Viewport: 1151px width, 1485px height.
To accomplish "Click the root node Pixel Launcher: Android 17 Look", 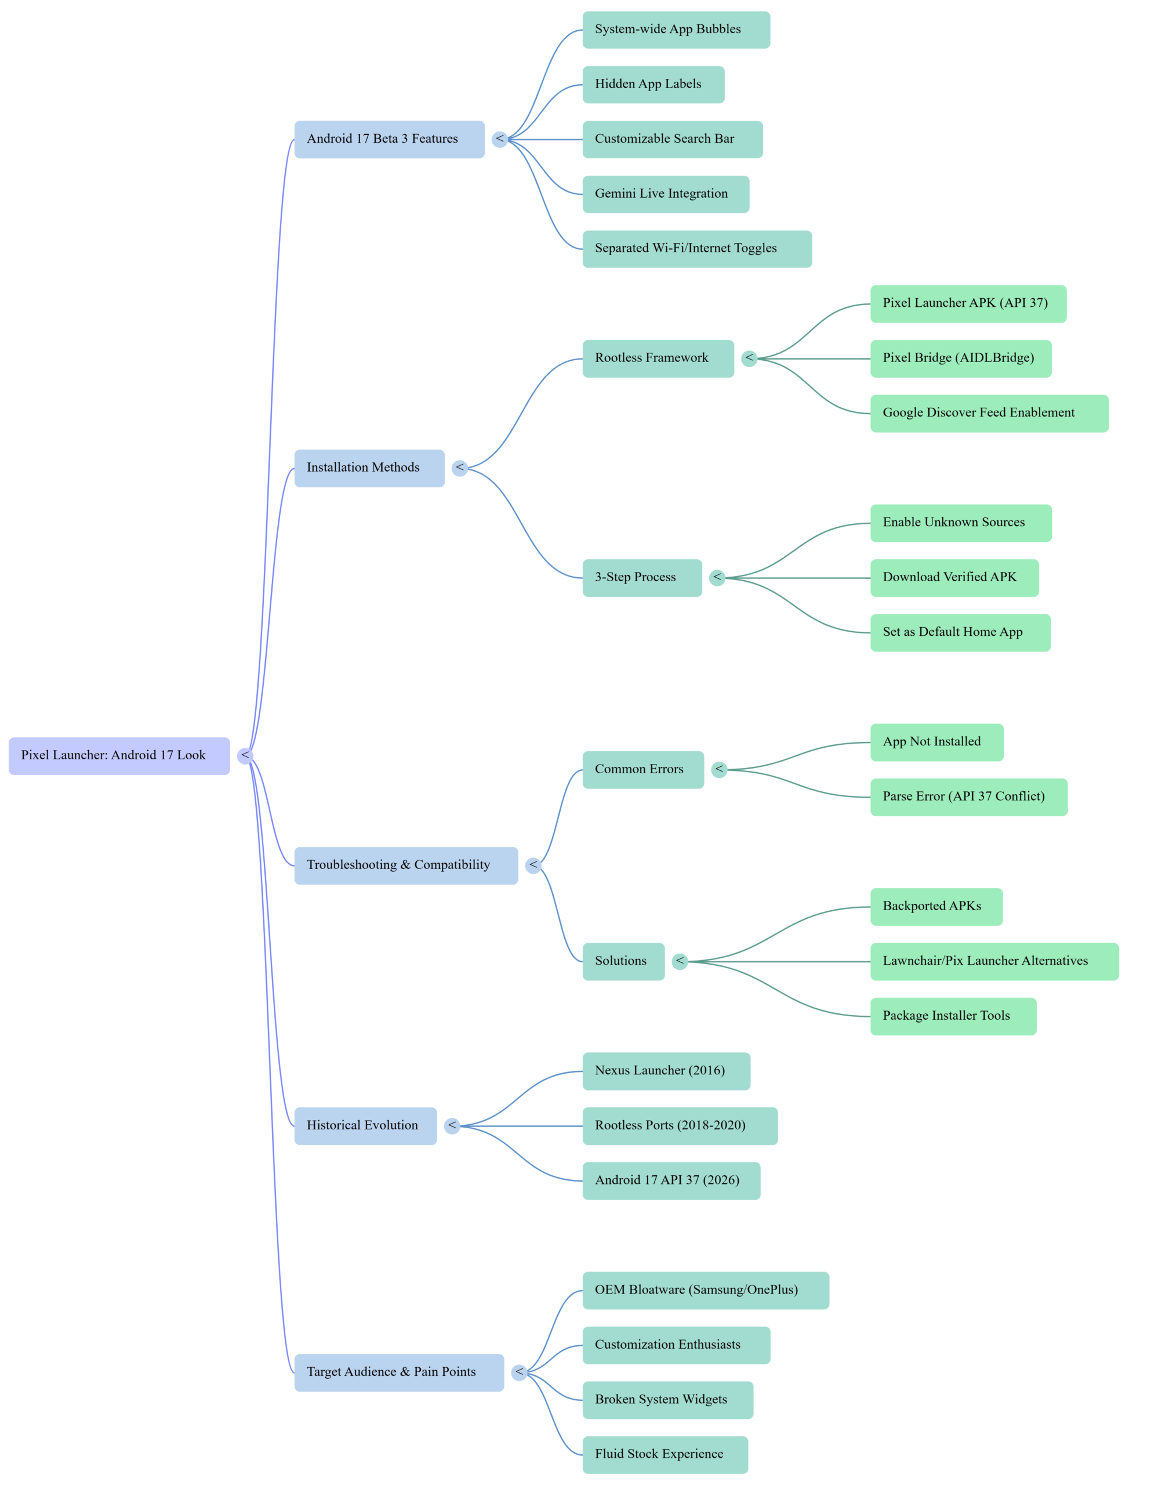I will [x=119, y=755].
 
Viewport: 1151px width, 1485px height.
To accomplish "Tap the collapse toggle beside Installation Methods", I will [x=460, y=468].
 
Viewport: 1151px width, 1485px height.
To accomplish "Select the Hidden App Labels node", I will [x=653, y=84].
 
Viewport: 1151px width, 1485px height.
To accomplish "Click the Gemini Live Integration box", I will [x=666, y=194].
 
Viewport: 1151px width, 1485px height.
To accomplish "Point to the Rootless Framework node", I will [x=658, y=358].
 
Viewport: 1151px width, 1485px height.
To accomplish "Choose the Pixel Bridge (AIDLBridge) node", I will [x=960, y=358].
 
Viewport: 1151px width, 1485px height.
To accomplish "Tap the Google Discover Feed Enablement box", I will [x=989, y=413].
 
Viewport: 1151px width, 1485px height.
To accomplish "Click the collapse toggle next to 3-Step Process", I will [x=717, y=577].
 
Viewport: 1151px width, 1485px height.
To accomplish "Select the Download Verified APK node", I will [x=954, y=577].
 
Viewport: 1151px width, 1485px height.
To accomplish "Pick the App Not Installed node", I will [x=936, y=742].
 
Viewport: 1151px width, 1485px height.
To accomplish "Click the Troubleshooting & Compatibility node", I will [x=406, y=865].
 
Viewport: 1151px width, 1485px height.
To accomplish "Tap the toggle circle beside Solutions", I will [x=680, y=961].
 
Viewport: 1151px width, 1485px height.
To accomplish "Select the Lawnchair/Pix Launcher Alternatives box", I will [x=994, y=961].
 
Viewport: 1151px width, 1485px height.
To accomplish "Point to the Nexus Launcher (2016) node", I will [x=666, y=1071].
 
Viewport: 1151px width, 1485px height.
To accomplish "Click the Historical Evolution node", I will [x=365, y=1125].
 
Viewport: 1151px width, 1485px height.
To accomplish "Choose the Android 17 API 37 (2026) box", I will [x=671, y=1180].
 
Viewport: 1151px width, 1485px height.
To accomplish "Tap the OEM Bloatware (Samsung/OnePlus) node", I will [x=705, y=1290].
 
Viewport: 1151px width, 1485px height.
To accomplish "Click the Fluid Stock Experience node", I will [x=665, y=1454].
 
